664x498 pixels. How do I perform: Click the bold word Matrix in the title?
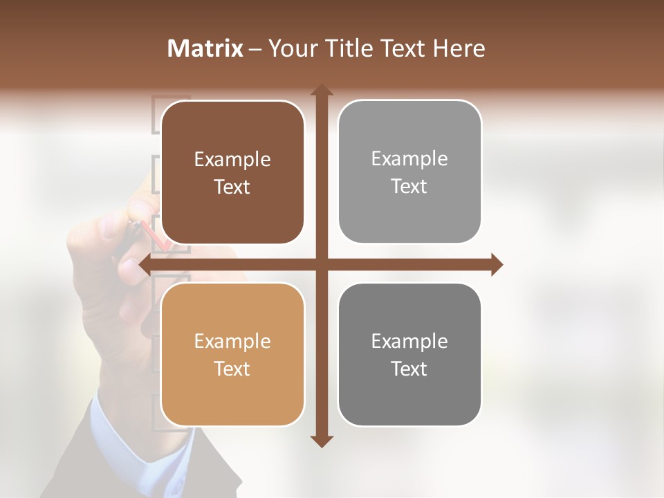(205, 48)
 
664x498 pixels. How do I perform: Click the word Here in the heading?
(459, 48)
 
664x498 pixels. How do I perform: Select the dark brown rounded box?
(232, 173)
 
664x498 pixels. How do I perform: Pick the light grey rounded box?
(409, 172)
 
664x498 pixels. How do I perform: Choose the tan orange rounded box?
(232, 354)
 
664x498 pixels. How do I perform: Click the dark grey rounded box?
(409, 354)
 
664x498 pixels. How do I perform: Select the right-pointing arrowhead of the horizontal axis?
(496, 264)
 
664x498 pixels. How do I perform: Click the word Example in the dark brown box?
(232, 160)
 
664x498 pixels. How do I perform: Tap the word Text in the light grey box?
(409, 186)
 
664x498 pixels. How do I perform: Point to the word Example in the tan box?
(232, 342)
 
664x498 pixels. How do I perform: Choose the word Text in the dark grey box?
(409, 369)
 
